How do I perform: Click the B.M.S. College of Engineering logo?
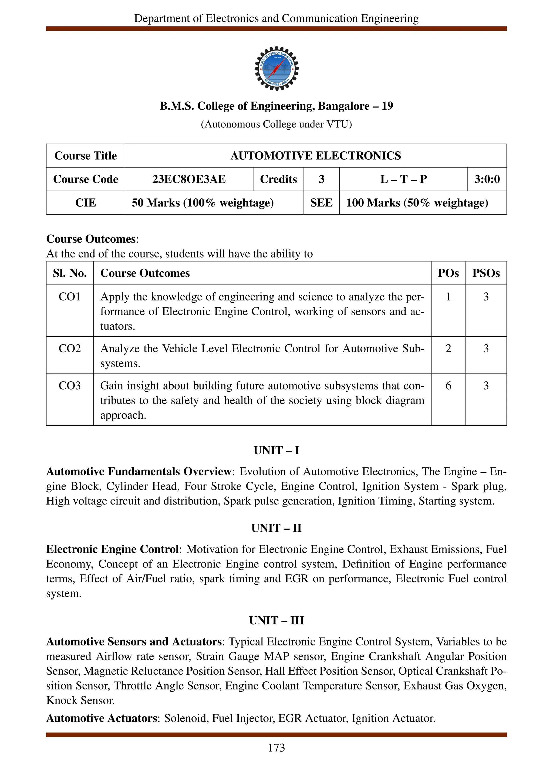pyautogui.click(x=276, y=68)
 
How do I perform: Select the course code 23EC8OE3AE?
pyautogui.click(x=189, y=179)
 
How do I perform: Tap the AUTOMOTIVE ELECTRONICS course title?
pyautogui.click(x=315, y=156)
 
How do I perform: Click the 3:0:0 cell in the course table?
pyautogui.click(x=487, y=179)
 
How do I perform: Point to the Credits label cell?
pyautogui.click(x=278, y=179)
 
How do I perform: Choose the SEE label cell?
pyautogui.click(x=321, y=203)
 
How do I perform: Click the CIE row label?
pyautogui.click(x=85, y=203)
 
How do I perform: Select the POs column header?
pyautogui.click(x=448, y=273)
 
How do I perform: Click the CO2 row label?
pyautogui.click(x=69, y=349)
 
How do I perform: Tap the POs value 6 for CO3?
pyautogui.click(x=448, y=386)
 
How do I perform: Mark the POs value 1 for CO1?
pyautogui.click(x=448, y=297)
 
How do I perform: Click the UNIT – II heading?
pyautogui.click(x=276, y=528)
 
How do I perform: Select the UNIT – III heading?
pyautogui.click(x=276, y=620)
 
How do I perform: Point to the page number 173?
pyautogui.click(x=276, y=748)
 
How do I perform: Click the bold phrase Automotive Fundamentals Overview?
pyautogui.click(x=139, y=471)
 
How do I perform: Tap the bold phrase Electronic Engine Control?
pyautogui.click(x=112, y=549)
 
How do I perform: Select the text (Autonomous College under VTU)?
pyautogui.click(x=276, y=124)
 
